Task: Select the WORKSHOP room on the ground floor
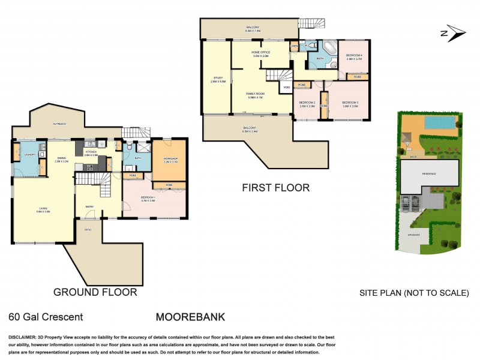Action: (x=169, y=160)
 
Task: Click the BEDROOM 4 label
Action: (x=353, y=56)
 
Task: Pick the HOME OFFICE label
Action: (x=262, y=53)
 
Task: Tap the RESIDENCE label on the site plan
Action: (x=428, y=173)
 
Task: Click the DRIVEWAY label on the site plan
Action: (x=415, y=235)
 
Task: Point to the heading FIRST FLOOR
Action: (x=275, y=188)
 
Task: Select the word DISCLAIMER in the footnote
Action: (x=23, y=337)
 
